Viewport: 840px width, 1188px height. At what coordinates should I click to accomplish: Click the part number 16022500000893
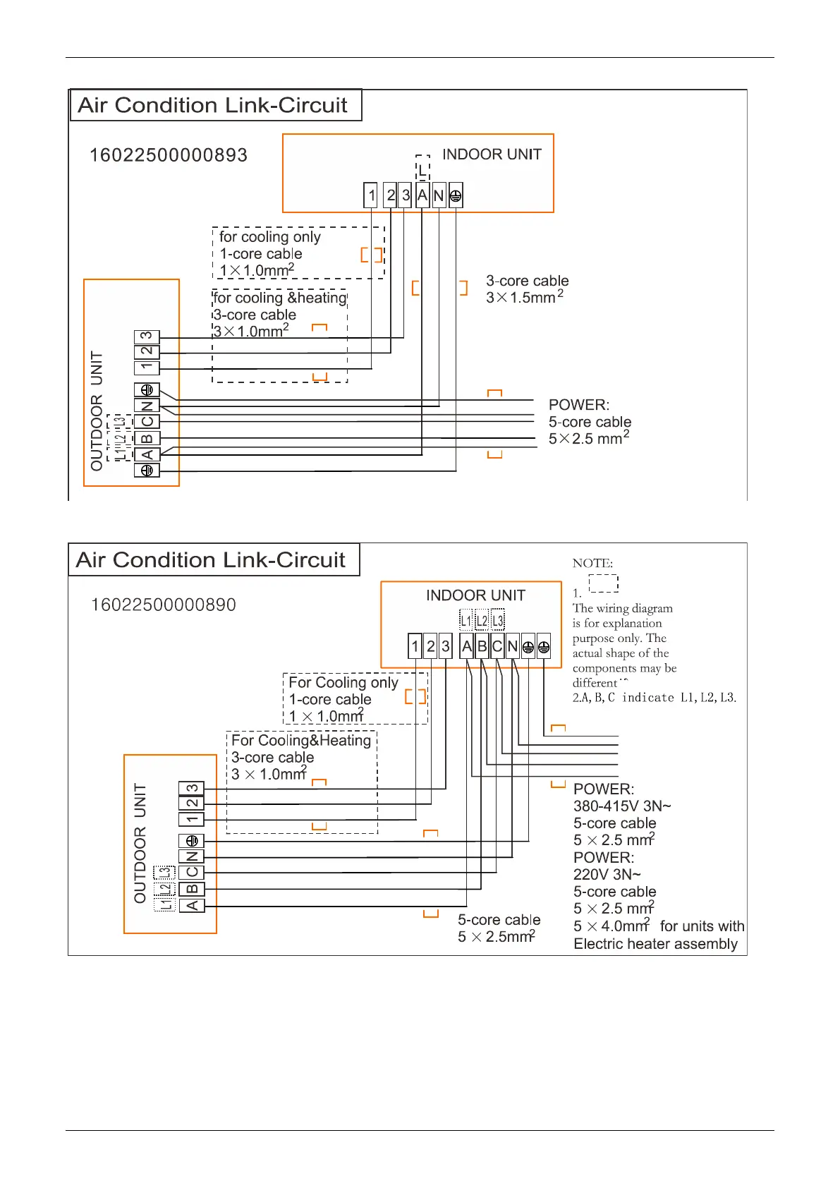169,155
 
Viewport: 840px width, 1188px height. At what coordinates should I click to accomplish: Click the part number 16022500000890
164,605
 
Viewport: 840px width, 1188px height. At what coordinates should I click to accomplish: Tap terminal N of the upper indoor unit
439,195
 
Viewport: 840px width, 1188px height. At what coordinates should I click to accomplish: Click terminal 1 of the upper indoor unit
372,195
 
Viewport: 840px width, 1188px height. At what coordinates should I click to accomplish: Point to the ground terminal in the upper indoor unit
456,195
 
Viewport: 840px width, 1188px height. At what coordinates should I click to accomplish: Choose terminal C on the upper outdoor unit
147,422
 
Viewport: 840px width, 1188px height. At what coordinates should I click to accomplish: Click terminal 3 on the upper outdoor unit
147,337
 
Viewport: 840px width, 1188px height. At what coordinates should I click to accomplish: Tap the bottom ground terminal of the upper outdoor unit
147,470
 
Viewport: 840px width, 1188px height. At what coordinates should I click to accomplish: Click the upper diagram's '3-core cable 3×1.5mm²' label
526,289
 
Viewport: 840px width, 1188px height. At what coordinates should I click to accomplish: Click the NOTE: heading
592,563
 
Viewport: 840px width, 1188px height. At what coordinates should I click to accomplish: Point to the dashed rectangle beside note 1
604,583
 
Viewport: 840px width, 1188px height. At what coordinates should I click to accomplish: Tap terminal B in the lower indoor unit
482,646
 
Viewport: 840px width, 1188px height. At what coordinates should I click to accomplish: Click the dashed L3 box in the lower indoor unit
498,621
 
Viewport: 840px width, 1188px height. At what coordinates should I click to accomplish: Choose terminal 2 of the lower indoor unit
430,646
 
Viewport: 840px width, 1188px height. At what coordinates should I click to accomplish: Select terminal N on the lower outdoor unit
192,856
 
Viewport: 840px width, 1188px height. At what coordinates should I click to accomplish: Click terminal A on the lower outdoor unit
192,905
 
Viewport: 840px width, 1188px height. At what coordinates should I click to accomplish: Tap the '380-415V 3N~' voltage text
622,806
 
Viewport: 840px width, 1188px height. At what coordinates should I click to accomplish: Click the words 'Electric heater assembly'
655,944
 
